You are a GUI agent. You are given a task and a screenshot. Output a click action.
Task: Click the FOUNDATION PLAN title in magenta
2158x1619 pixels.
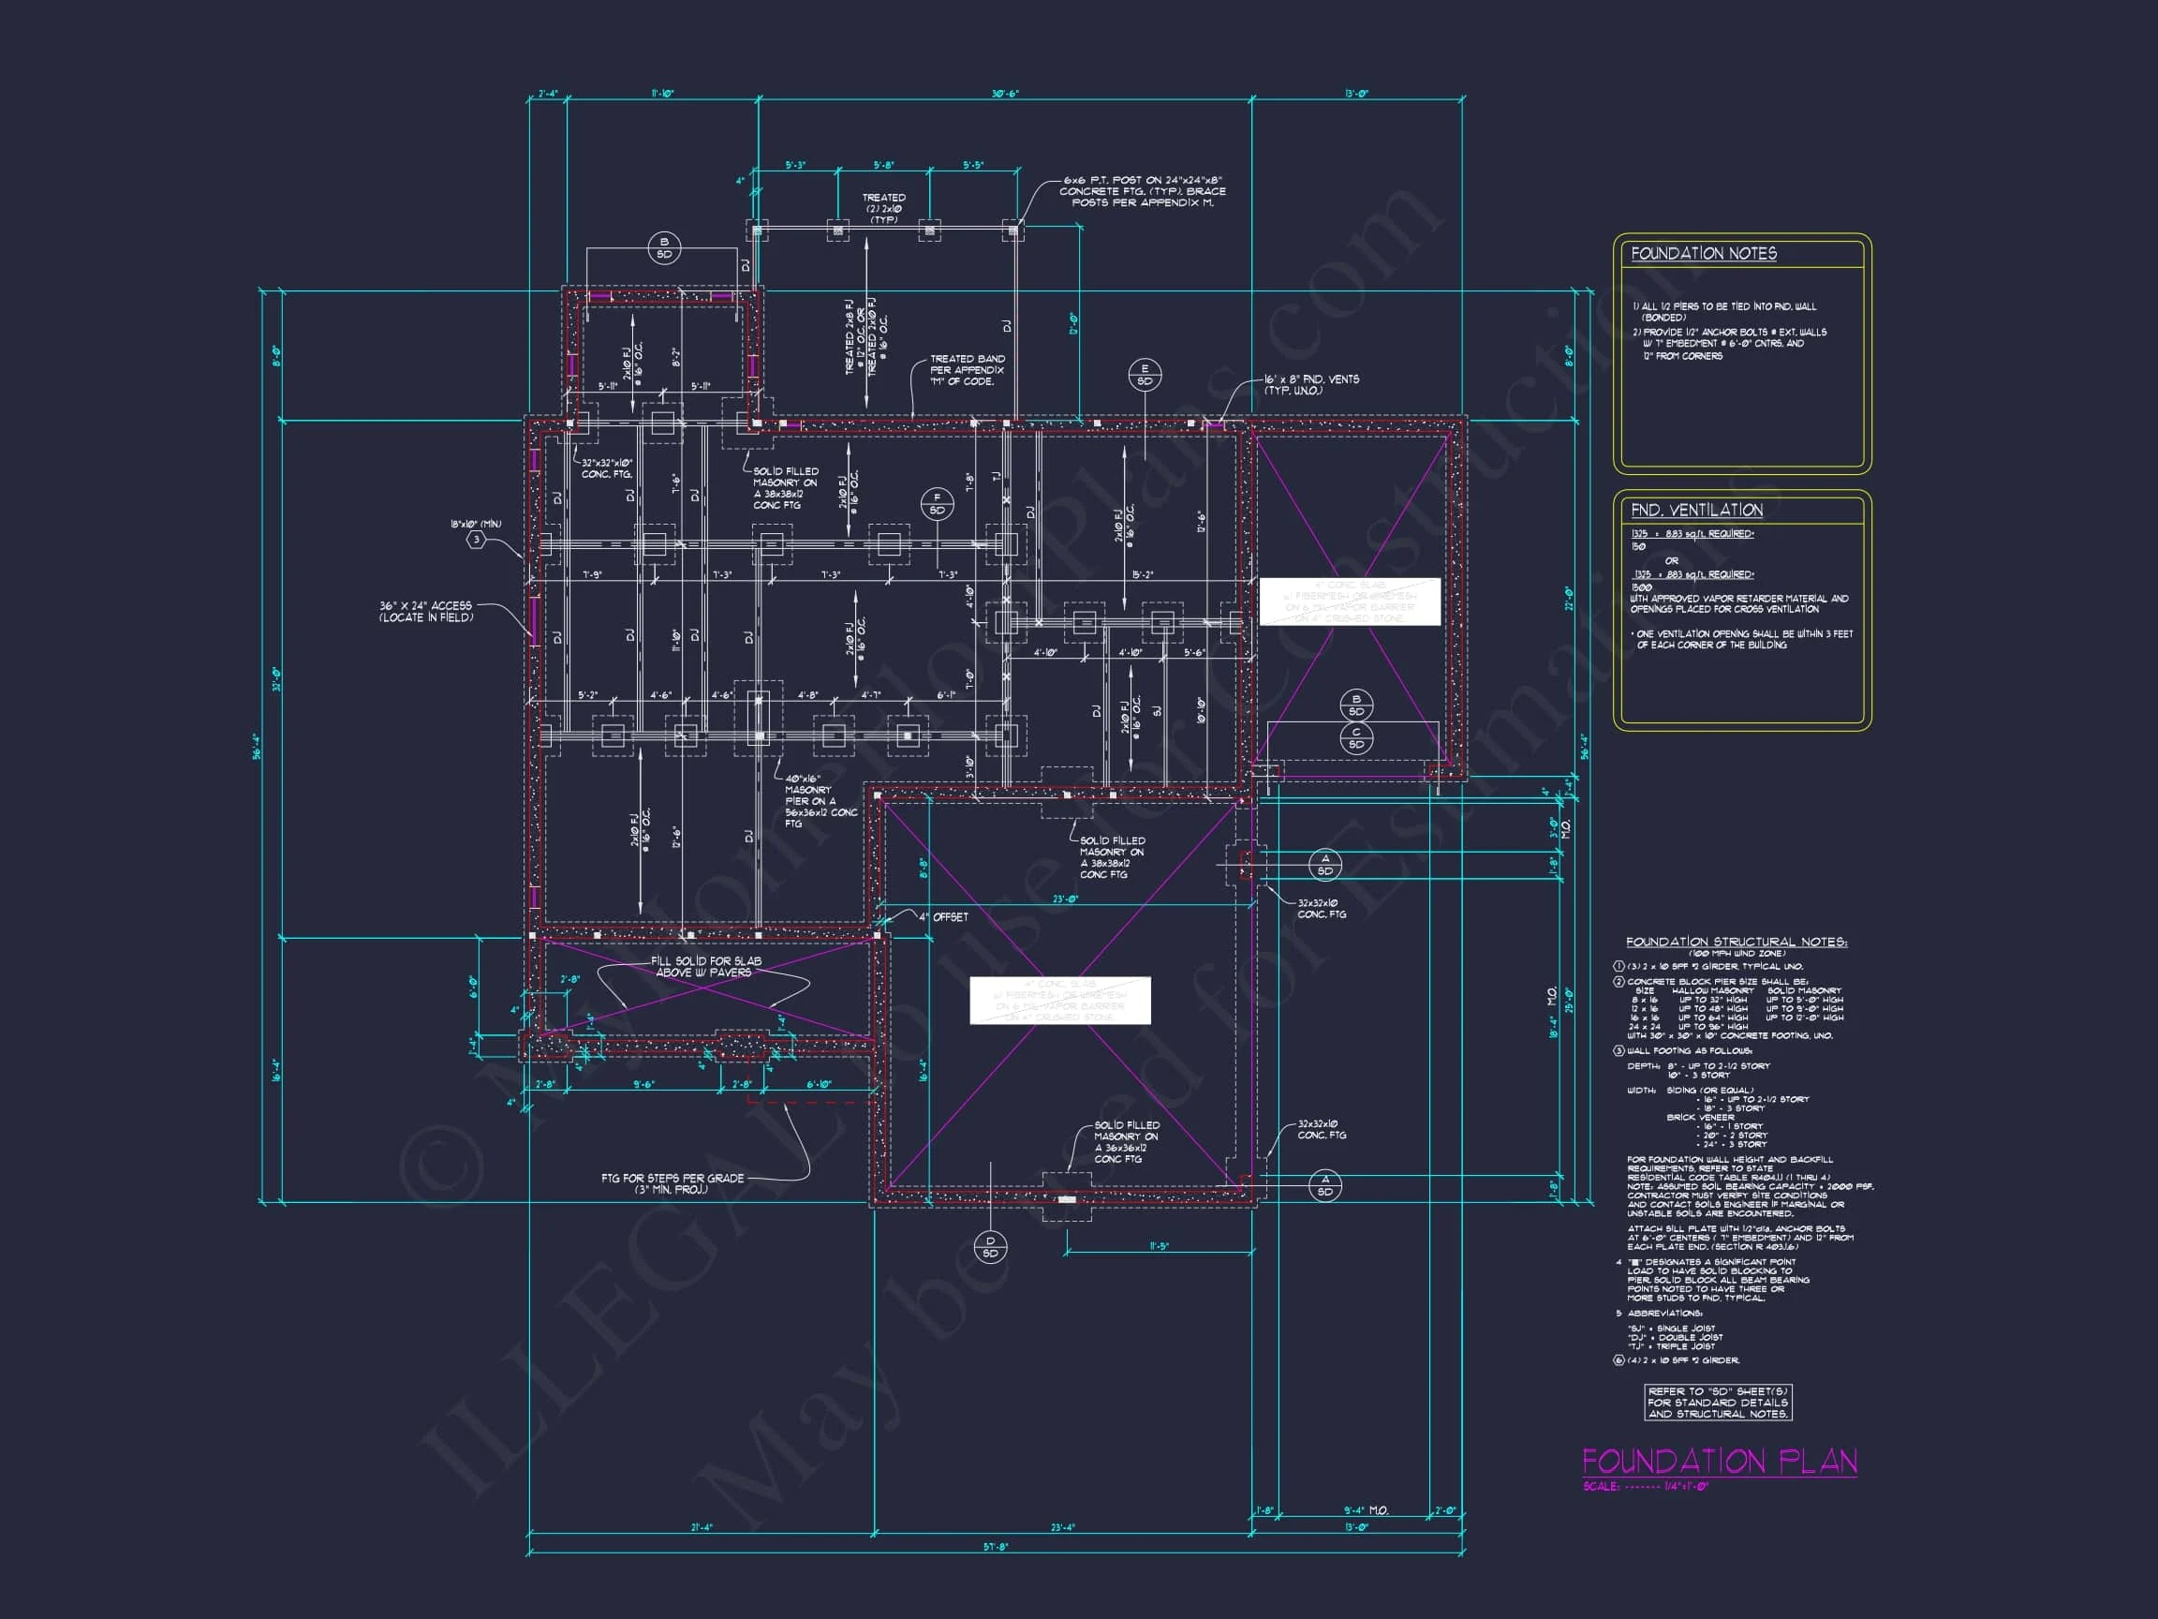tap(1719, 1461)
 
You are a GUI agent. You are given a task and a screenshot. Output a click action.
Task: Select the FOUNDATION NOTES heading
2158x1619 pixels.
tap(1704, 254)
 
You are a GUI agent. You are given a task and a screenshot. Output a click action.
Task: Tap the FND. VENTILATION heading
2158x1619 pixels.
tap(1696, 511)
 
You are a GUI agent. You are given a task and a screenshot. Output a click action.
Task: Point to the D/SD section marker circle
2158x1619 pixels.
tap(990, 1247)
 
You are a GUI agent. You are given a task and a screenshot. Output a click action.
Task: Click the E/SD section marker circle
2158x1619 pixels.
tap(1145, 375)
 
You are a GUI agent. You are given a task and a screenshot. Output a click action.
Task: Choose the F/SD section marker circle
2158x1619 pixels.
tap(937, 503)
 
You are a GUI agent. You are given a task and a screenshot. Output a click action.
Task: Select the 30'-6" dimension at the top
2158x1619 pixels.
tap(1005, 94)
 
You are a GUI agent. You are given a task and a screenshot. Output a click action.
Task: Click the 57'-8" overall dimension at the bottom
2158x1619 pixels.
tap(995, 1547)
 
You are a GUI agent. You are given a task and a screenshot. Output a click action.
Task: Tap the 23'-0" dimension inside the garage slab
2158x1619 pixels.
tap(1064, 899)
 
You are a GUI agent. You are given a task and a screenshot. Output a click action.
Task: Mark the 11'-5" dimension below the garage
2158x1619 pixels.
tap(1158, 1246)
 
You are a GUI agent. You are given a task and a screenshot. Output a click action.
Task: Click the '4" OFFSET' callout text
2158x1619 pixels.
tap(942, 916)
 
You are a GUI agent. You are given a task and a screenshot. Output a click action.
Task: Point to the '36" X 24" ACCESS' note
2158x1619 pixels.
tap(425, 611)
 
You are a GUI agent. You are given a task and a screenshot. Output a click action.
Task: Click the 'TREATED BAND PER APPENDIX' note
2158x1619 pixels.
tap(966, 370)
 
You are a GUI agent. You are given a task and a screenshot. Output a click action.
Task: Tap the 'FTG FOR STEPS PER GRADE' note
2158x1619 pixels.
tap(673, 1182)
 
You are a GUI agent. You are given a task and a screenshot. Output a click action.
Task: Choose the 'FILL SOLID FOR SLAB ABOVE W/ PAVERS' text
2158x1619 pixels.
tap(705, 966)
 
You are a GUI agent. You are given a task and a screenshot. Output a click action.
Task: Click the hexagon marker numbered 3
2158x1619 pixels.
tap(476, 539)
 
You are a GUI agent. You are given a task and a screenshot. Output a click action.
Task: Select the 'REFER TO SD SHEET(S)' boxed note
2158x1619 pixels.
tap(1717, 1403)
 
